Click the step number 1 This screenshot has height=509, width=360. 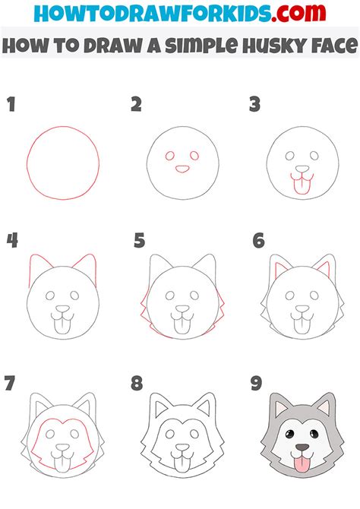[11, 104]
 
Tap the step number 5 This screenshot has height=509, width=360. [139, 242]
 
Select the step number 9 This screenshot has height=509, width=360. [257, 383]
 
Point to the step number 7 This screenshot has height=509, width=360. [11, 383]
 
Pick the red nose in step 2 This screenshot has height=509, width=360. [182, 169]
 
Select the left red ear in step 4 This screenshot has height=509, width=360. [36, 266]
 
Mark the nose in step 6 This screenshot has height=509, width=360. [302, 309]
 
